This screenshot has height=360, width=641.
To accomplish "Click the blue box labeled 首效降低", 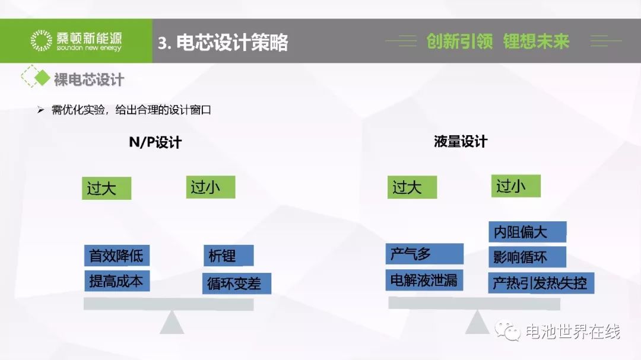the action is [117, 256].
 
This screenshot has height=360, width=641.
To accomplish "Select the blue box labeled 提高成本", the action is [117, 281].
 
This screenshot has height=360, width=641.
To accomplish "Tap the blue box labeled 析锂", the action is [229, 256].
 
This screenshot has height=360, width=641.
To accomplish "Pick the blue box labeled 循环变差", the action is [237, 283].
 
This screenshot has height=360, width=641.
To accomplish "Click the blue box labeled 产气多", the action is [424, 254].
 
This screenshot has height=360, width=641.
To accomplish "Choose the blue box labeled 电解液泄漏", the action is [424, 280].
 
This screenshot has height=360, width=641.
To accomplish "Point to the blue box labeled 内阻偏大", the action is [528, 232].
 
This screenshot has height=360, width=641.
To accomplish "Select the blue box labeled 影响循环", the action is [528, 257].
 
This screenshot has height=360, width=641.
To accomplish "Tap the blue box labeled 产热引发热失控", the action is [541, 283].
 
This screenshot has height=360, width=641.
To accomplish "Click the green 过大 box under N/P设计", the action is [107, 188].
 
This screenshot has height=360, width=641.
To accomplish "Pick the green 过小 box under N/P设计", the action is [211, 187].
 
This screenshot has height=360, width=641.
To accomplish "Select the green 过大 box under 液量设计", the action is [412, 187].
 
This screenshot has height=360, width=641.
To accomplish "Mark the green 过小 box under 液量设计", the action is [516, 186].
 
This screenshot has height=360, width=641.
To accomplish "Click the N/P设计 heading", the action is [155, 142].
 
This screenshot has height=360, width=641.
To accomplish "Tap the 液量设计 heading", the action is [461, 141].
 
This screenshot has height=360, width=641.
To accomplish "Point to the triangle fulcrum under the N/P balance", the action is [172, 322].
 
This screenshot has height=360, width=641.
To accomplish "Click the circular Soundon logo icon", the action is [42, 40].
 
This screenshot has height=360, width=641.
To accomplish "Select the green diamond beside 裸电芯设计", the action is [42, 78].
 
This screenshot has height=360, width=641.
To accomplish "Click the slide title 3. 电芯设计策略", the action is [223, 42].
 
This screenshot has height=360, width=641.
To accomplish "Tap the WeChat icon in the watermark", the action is [507, 330].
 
